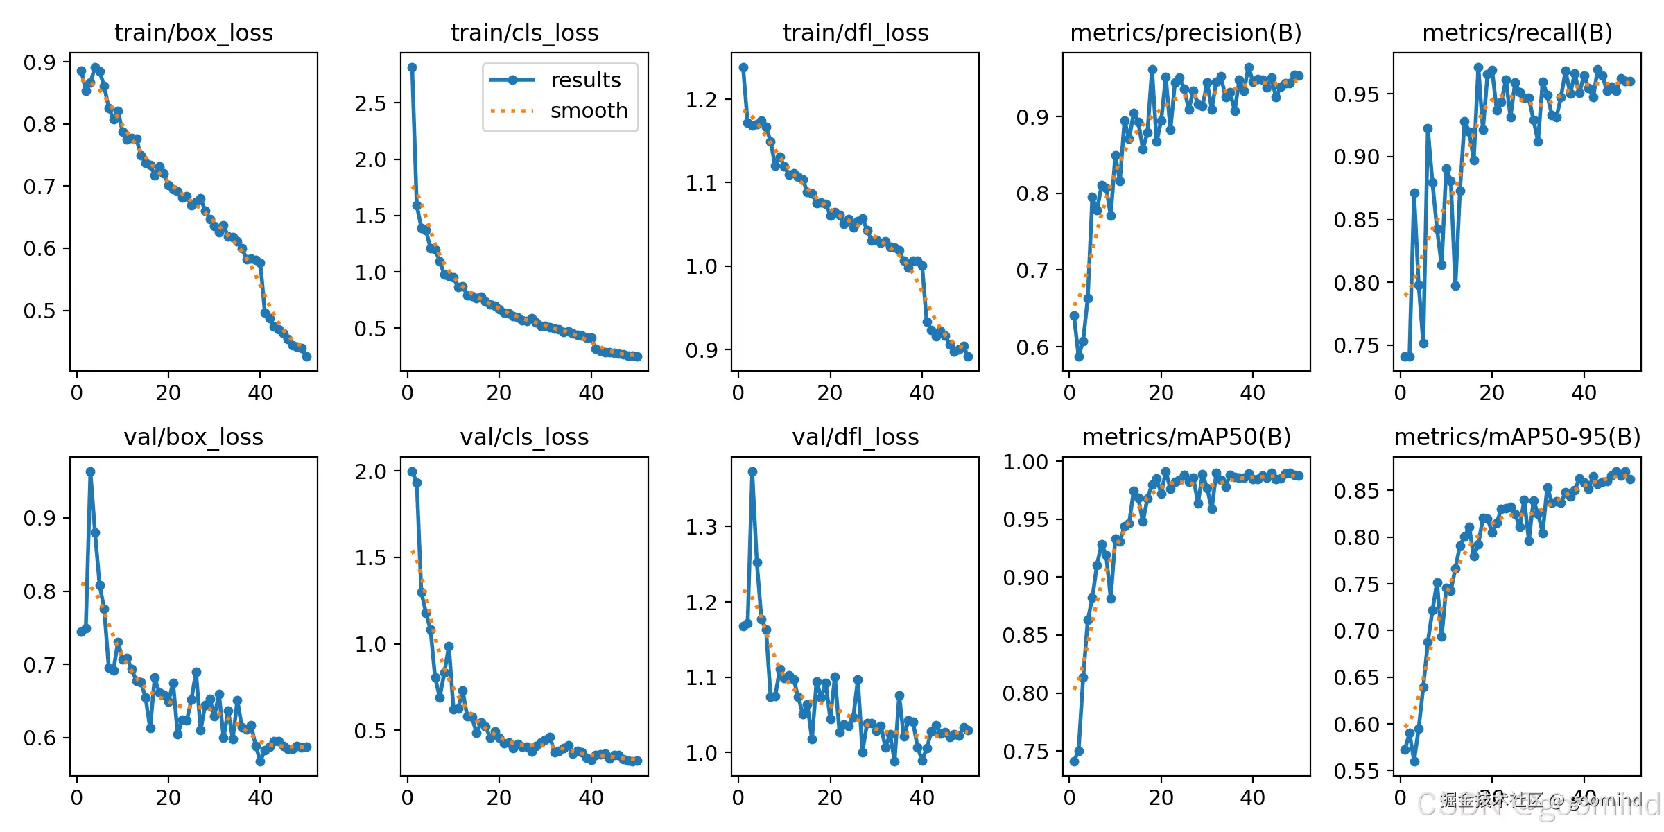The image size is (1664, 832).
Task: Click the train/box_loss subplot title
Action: click(x=193, y=33)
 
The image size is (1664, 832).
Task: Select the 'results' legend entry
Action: click(x=585, y=80)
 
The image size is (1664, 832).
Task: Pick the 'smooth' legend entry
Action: click(x=589, y=111)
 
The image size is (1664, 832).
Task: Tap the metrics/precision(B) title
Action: click(x=1186, y=33)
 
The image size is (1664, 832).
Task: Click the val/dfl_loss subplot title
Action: click(x=855, y=437)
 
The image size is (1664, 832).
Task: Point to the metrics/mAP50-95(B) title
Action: click(x=1517, y=437)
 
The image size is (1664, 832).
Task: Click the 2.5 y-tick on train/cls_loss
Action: click(x=370, y=103)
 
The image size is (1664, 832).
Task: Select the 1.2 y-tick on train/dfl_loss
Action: click(x=701, y=100)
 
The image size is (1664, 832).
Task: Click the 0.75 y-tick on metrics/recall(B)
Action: click(x=1356, y=346)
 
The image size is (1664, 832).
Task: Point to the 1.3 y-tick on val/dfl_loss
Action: click(x=701, y=527)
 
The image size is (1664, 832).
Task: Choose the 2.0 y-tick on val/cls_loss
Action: click(x=370, y=471)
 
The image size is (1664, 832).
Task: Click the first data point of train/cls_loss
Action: click(x=412, y=67)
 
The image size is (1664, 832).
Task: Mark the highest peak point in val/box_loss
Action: click(x=90, y=471)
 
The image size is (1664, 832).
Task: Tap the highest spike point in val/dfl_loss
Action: click(x=752, y=471)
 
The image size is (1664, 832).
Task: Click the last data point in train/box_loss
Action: click(x=306, y=356)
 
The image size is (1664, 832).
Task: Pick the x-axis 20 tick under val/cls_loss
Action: click(x=499, y=797)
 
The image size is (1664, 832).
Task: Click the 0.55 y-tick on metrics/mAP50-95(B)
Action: click(x=1356, y=771)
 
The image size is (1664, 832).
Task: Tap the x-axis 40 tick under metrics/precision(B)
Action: click(x=1252, y=393)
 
